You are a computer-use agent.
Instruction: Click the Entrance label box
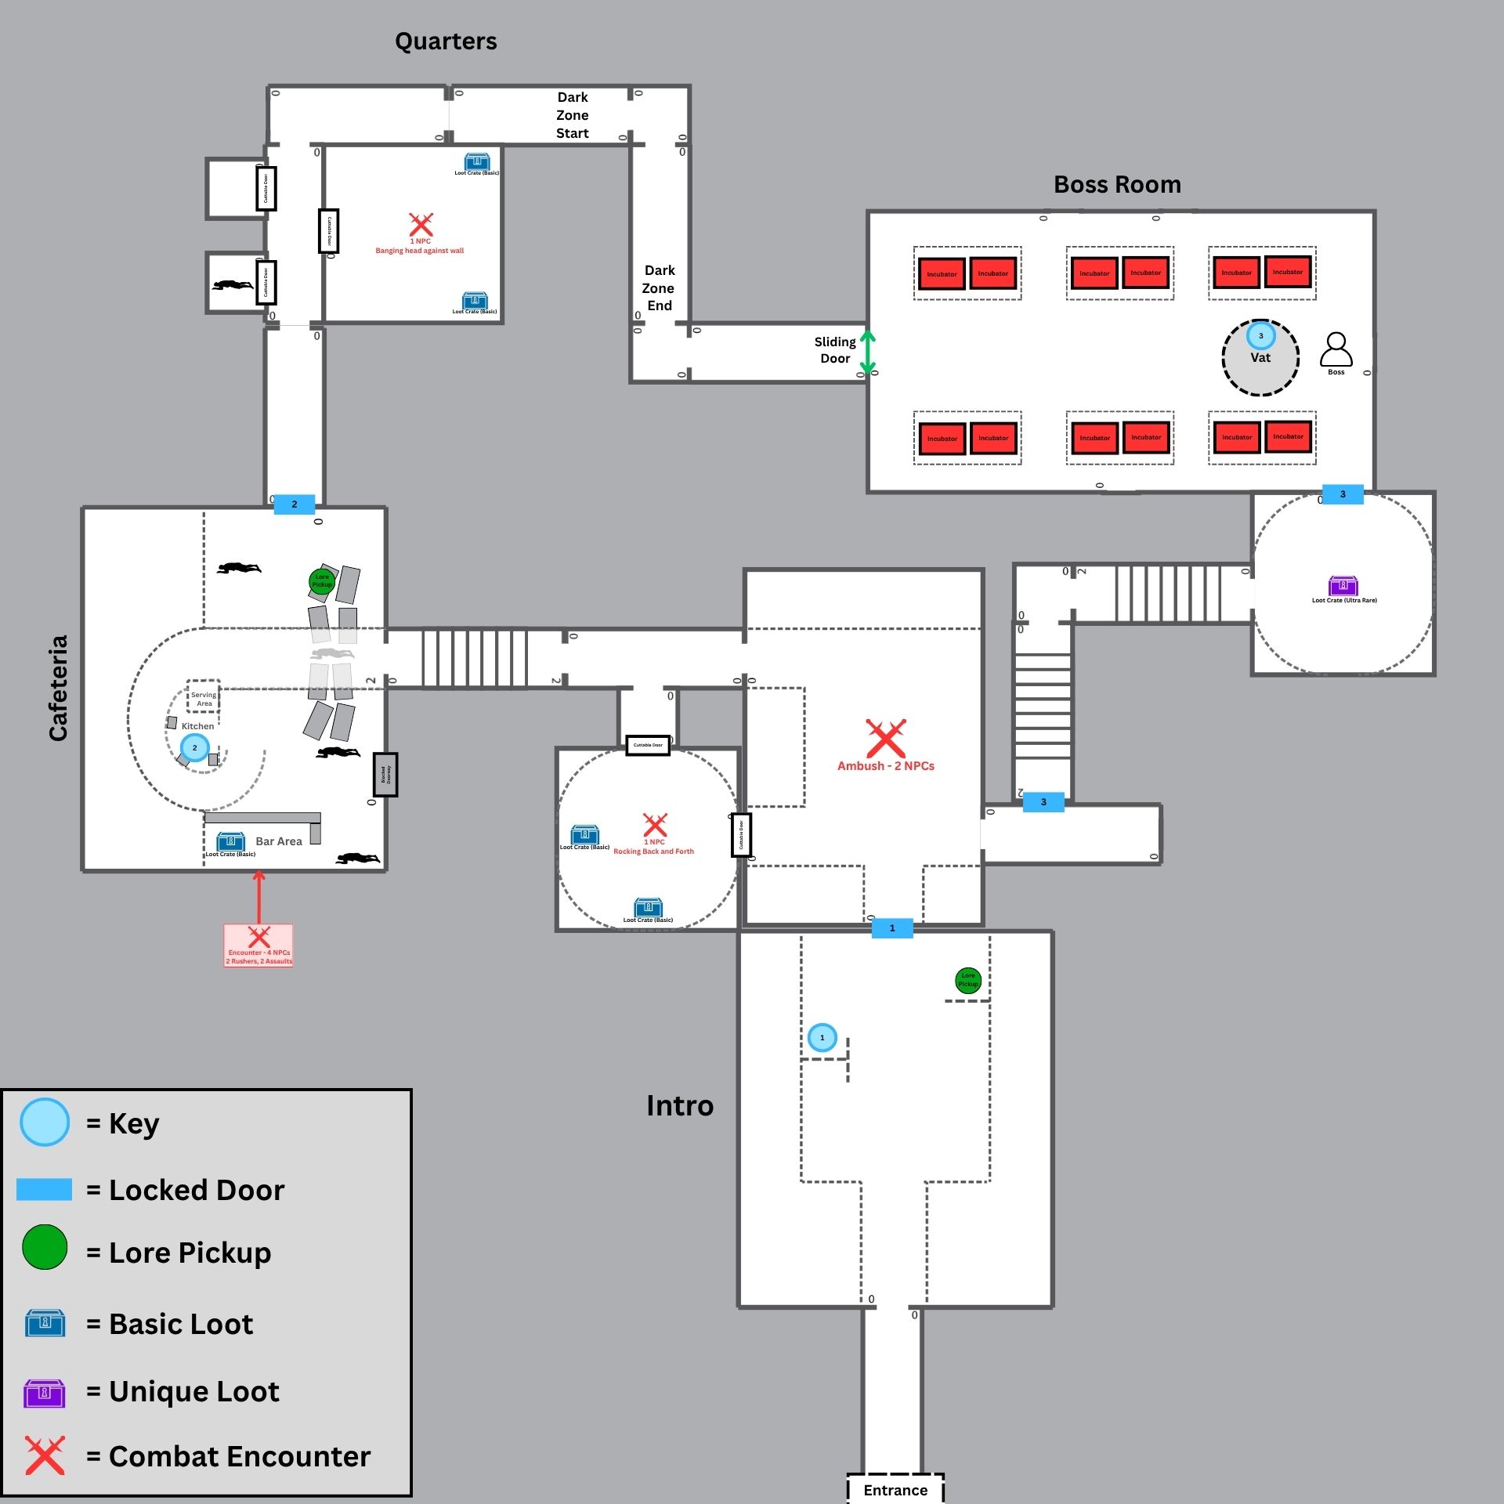pyautogui.click(x=895, y=1489)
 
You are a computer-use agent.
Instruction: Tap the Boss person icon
pyautogui.click(x=1336, y=349)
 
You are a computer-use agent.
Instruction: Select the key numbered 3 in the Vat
pyautogui.click(x=1260, y=336)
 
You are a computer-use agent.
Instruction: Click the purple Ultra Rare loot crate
pyautogui.click(x=1343, y=585)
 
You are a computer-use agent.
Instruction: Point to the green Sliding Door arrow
pyautogui.click(x=867, y=352)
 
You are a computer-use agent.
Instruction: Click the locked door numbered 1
pyautogui.click(x=892, y=928)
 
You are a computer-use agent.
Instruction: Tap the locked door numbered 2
pyautogui.click(x=295, y=504)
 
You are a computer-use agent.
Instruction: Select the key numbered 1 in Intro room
pyautogui.click(x=822, y=1038)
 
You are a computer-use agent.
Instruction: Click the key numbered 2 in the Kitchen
pyautogui.click(x=194, y=748)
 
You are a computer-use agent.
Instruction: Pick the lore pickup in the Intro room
pyautogui.click(x=968, y=980)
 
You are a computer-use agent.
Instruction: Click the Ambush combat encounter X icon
pyautogui.click(x=885, y=738)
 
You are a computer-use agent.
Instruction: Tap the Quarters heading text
pyautogui.click(x=446, y=42)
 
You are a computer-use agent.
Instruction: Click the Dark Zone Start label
pyautogui.click(x=573, y=115)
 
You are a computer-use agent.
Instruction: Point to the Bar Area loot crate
pyautogui.click(x=230, y=842)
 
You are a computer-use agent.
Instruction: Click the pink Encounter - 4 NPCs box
pyautogui.click(x=258, y=945)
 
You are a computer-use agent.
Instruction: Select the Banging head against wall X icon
pyautogui.click(x=421, y=225)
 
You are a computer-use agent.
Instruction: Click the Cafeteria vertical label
pyautogui.click(x=59, y=688)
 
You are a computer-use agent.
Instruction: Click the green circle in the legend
pyautogui.click(x=45, y=1247)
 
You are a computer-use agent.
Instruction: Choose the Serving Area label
pyautogui.click(x=204, y=699)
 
